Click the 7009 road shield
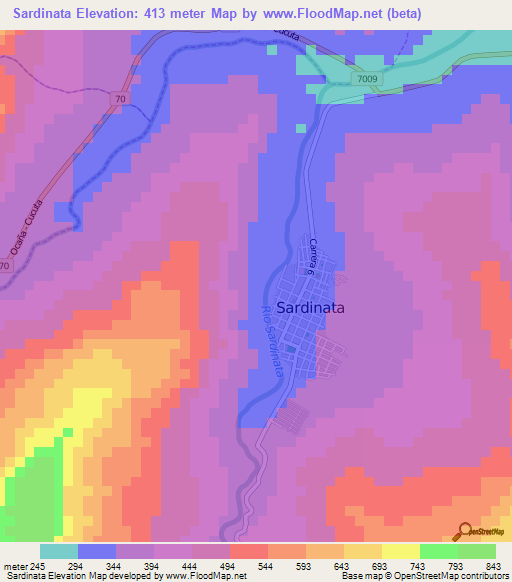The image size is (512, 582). pyautogui.click(x=369, y=78)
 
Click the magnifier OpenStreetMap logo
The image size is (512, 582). pyautogui.click(x=467, y=531)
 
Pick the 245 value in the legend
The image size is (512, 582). pyautogui.click(x=39, y=567)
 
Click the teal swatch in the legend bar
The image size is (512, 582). pyautogui.click(x=58, y=551)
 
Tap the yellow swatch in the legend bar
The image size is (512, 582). pyautogui.click(x=399, y=551)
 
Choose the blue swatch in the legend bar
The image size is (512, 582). pyautogui.click(x=96, y=551)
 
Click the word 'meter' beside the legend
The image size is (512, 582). pyautogui.click(x=15, y=567)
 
